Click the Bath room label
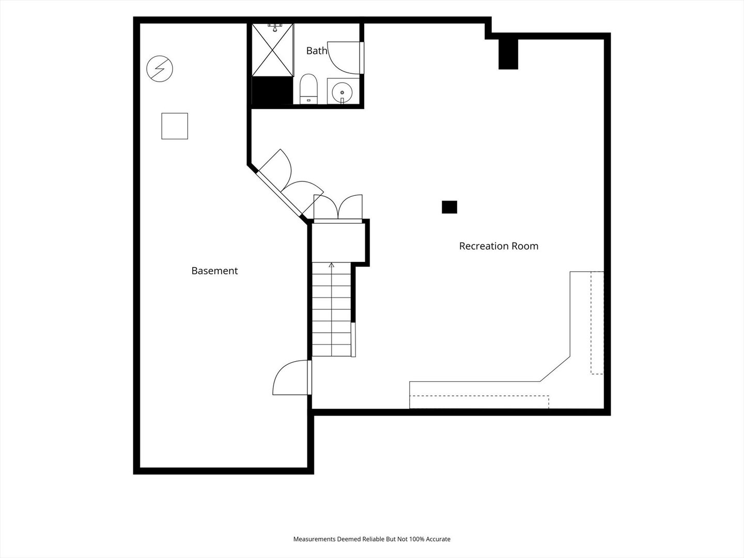pyautogui.click(x=317, y=51)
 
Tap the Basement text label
pyautogui.click(x=214, y=271)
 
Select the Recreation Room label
pyautogui.click(x=499, y=246)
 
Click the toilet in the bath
pyautogui.click(x=308, y=89)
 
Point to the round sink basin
pyautogui.click(x=342, y=92)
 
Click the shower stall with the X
pyautogui.click(x=272, y=50)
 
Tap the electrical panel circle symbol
pyautogui.click(x=160, y=69)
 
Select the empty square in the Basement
pyautogui.click(x=175, y=126)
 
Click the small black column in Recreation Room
pyautogui.click(x=450, y=207)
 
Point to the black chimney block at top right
pyautogui.click(x=508, y=54)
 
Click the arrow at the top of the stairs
pyautogui.click(x=332, y=265)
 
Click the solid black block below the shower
pyautogui.click(x=272, y=90)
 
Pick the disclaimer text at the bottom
pyautogui.click(x=372, y=539)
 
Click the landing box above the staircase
pyautogui.click(x=338, y=243)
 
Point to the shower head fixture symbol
pyautogui.click(x=274, y=27)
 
